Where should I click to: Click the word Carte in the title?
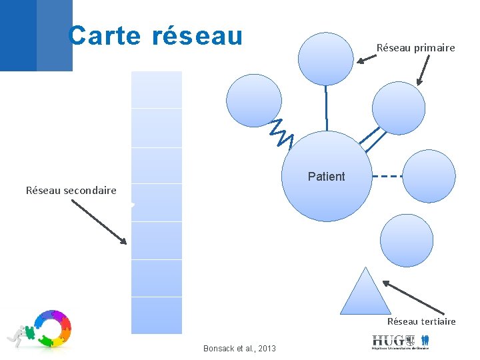pos(105,35)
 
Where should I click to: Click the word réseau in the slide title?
pos(197,35)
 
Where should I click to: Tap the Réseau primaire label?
pos(415,47)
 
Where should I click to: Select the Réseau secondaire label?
pos(71,190)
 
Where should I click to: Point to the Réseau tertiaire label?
pos(421,321)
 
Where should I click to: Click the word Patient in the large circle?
pos(326,177)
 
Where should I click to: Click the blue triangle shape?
pos(365,293)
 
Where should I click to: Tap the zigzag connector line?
pos(281,133)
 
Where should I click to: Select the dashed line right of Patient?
pos(387,177)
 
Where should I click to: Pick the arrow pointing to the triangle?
pos(413,297)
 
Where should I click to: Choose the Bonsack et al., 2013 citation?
pos(239,349)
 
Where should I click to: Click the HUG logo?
pos(400,341)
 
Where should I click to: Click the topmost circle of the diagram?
pos(325,59)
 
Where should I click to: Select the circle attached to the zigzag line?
pos(254,101)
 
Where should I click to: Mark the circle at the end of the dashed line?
pos(430,177)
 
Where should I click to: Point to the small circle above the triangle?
pos(406,240)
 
